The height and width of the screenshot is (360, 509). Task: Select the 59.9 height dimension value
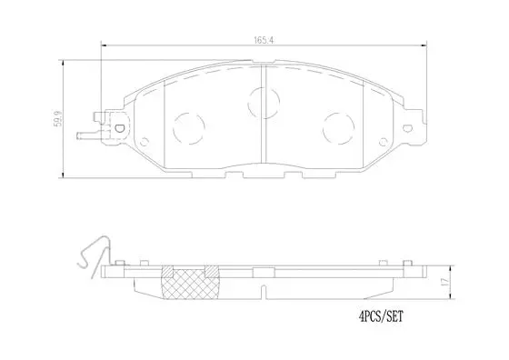57,117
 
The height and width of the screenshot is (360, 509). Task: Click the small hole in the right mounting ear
409,126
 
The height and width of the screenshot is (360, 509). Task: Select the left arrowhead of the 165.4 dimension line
102,46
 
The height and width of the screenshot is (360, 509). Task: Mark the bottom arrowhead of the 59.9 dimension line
62,175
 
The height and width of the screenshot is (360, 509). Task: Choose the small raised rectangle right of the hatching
212,270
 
